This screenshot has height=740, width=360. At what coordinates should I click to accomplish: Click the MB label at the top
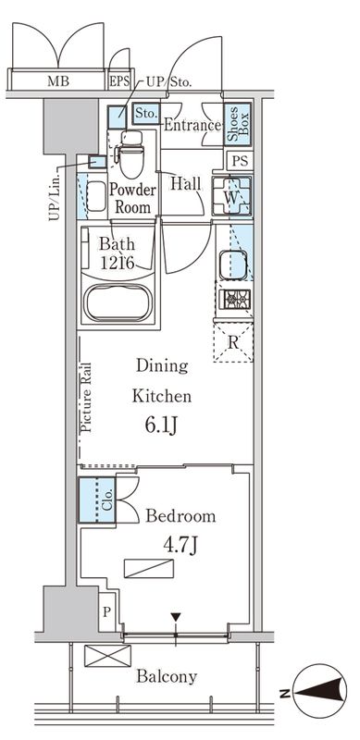[x=57, y=80]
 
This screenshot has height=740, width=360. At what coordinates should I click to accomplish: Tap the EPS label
[x=119, y=80]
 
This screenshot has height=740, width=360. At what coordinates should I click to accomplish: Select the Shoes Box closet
[x=237, y=124]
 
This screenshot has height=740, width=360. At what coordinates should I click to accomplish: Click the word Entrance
[x=192, y=126]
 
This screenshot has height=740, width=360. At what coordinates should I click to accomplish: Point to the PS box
[x=240, y=161]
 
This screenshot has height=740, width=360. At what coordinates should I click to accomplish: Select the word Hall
[x=188, y=183]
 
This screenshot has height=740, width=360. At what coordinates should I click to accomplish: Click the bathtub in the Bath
[x=118, y=302]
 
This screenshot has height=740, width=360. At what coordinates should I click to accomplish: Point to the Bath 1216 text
[x=118, y=253]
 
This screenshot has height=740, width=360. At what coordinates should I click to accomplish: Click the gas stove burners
[x=232, y=300]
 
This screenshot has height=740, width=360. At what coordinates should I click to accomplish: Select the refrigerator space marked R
[x=234, y=342]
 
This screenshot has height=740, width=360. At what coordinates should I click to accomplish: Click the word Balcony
[x=168, y=676]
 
